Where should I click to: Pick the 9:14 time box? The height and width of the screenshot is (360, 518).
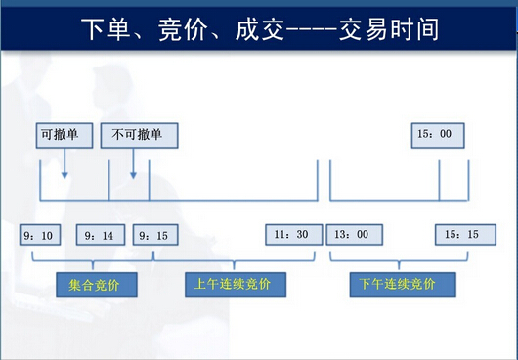click(x=98, y=236)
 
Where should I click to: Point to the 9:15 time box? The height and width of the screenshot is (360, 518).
click(x=154, y=236)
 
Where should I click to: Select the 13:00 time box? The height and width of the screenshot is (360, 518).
click(x=354, y=235)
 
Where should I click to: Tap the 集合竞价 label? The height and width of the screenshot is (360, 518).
click(x=95, y=284)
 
